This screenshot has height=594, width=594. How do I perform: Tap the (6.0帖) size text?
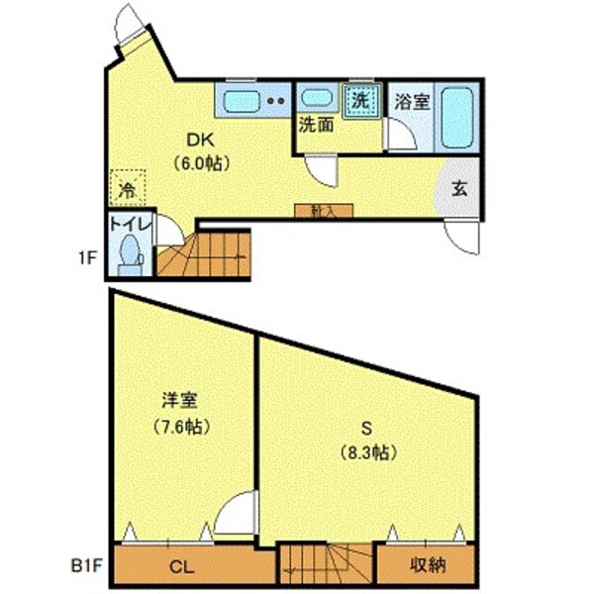(202, 163)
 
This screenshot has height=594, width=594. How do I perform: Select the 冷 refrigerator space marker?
(128, 186)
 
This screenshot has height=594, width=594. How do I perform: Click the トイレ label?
(130, 225)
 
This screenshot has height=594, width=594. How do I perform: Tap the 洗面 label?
(316, 126)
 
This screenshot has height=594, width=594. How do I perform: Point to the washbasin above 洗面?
(316, 99)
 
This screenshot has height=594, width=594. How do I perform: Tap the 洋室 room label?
(180, 402)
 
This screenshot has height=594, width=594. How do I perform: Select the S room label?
(366, 428)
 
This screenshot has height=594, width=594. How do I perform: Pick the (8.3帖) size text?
(366, 452)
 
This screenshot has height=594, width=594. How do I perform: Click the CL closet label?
(179, 567)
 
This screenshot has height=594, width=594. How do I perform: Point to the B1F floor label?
(86, 567)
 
